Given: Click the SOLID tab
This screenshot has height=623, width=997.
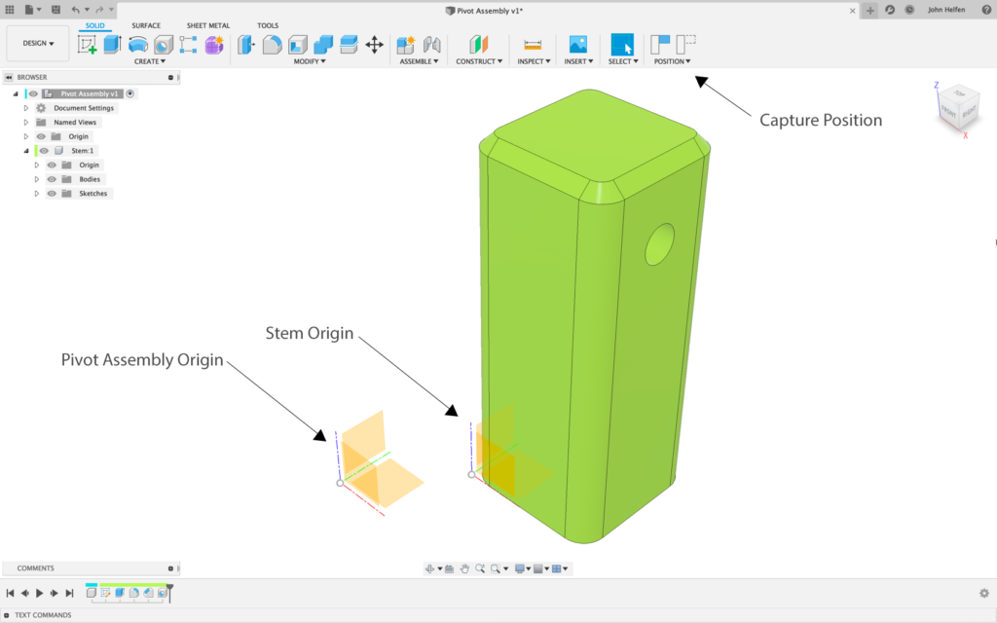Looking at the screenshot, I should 94,25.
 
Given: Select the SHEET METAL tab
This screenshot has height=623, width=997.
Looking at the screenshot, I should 208,25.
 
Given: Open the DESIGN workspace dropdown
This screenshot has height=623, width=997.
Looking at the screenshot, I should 38,44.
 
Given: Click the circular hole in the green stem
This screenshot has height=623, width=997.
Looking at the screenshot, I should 661,244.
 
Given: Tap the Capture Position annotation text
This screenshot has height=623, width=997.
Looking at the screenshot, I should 820,121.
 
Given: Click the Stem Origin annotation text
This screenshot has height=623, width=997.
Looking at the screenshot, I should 310,333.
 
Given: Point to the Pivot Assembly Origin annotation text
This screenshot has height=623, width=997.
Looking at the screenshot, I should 142,360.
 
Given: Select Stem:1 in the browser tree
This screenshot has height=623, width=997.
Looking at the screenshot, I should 82,151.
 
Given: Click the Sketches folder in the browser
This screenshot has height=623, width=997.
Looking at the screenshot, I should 93,194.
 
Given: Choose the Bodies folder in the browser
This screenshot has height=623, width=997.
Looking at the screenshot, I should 90,179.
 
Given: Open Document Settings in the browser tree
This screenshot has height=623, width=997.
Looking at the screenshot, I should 84,108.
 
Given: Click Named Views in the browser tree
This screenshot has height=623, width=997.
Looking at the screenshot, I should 74,123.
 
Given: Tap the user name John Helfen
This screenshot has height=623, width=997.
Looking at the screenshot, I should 945,10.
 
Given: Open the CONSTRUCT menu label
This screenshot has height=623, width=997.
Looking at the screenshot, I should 478,61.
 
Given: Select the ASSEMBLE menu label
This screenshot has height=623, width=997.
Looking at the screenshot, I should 418,61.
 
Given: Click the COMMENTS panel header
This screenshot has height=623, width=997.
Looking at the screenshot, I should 36,568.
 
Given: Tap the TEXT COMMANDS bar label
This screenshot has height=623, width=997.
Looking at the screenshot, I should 43,615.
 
